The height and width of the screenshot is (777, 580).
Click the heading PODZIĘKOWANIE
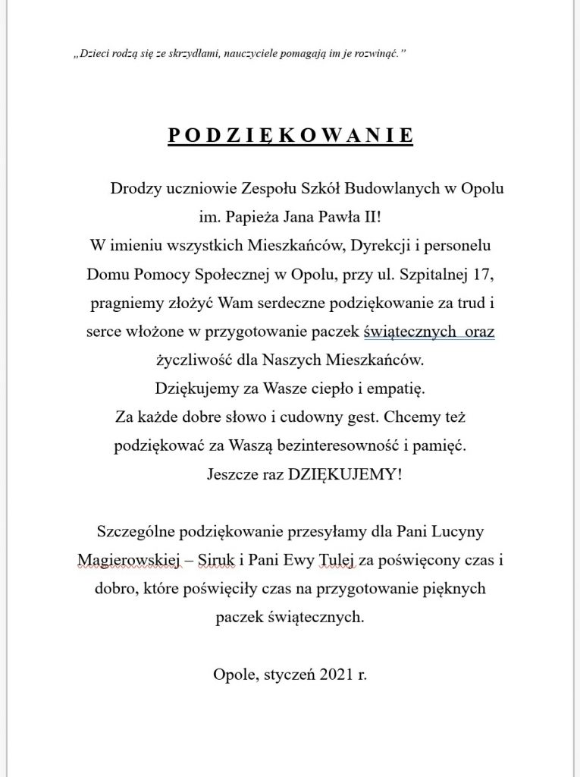tap(290, 135)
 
